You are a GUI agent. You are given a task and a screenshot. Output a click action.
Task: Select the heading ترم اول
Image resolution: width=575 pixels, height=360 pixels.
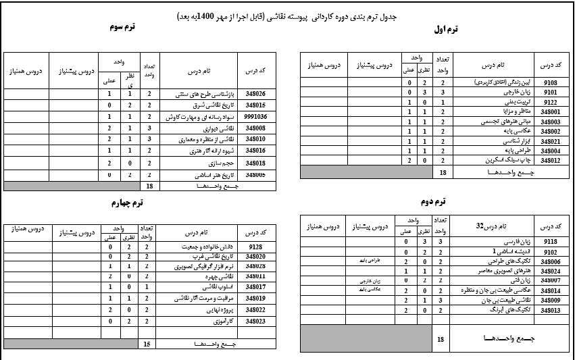446,29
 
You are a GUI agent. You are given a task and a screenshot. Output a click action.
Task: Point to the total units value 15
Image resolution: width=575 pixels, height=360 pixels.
147,344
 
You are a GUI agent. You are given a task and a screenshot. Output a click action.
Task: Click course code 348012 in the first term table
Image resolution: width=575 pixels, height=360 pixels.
550,161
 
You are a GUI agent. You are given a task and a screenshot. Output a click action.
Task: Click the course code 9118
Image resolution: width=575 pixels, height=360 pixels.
550,240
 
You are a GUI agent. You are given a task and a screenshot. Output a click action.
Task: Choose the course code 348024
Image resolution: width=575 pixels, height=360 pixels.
550,270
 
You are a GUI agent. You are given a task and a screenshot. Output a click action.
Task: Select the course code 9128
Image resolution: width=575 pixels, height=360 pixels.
255,247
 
